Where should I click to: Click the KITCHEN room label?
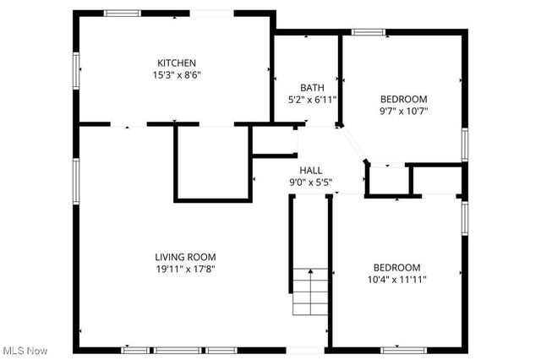point(177,63)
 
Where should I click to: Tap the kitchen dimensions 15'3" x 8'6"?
point(177,74)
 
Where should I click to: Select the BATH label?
point(312,87)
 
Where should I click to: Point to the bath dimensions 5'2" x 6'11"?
point(312,99)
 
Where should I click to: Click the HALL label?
point(310,169)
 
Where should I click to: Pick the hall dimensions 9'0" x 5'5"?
point(310,181)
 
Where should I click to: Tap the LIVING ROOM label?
point(185,257)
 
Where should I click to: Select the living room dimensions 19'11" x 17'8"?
point(185,269)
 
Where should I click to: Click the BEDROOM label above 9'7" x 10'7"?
point(403,98)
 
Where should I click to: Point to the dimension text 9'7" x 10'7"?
point(403,110)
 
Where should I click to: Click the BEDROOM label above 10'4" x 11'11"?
point(396,267)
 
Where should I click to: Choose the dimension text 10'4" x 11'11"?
point(396,279)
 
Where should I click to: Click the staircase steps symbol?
point(309,292)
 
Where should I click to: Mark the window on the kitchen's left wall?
point(76,69)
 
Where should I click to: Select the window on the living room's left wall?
point(76,182)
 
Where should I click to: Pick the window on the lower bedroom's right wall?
point(464,217)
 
